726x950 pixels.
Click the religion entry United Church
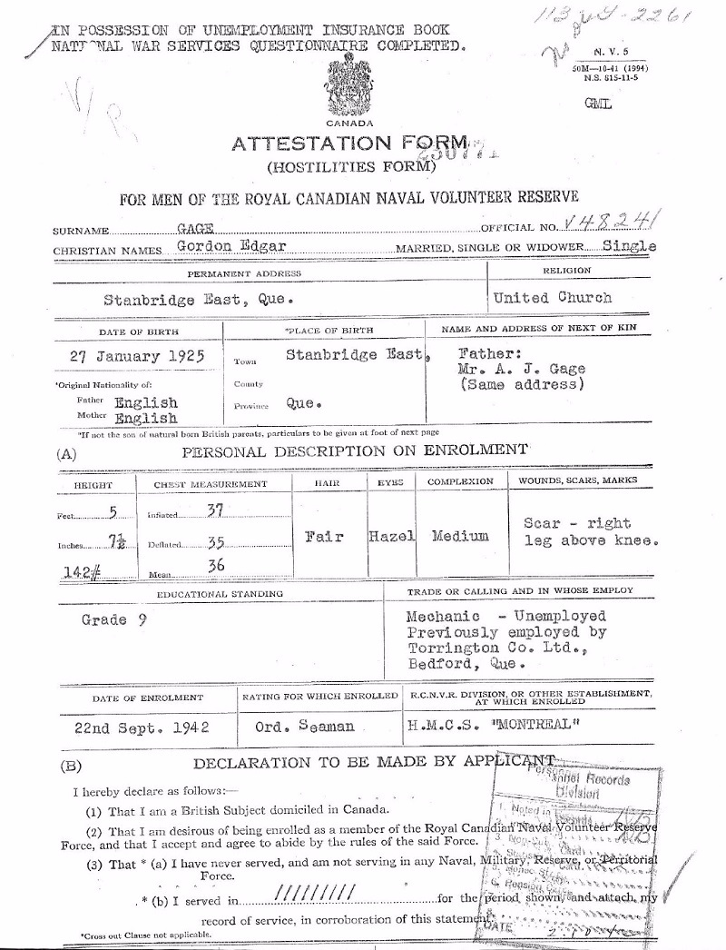pyautogui.click(x=552, y=297)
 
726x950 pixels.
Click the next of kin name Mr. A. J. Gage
pyautogui.click(x=515, y=370)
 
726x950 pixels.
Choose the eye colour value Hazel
pyautogui.click(x=392, y=537)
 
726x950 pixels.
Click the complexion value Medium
pyautogui.click(x=460, y=536)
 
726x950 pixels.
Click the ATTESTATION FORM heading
pyautogui.click(x=349, y=144)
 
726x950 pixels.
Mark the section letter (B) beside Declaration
pyautogui.click(x=72, y=765)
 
